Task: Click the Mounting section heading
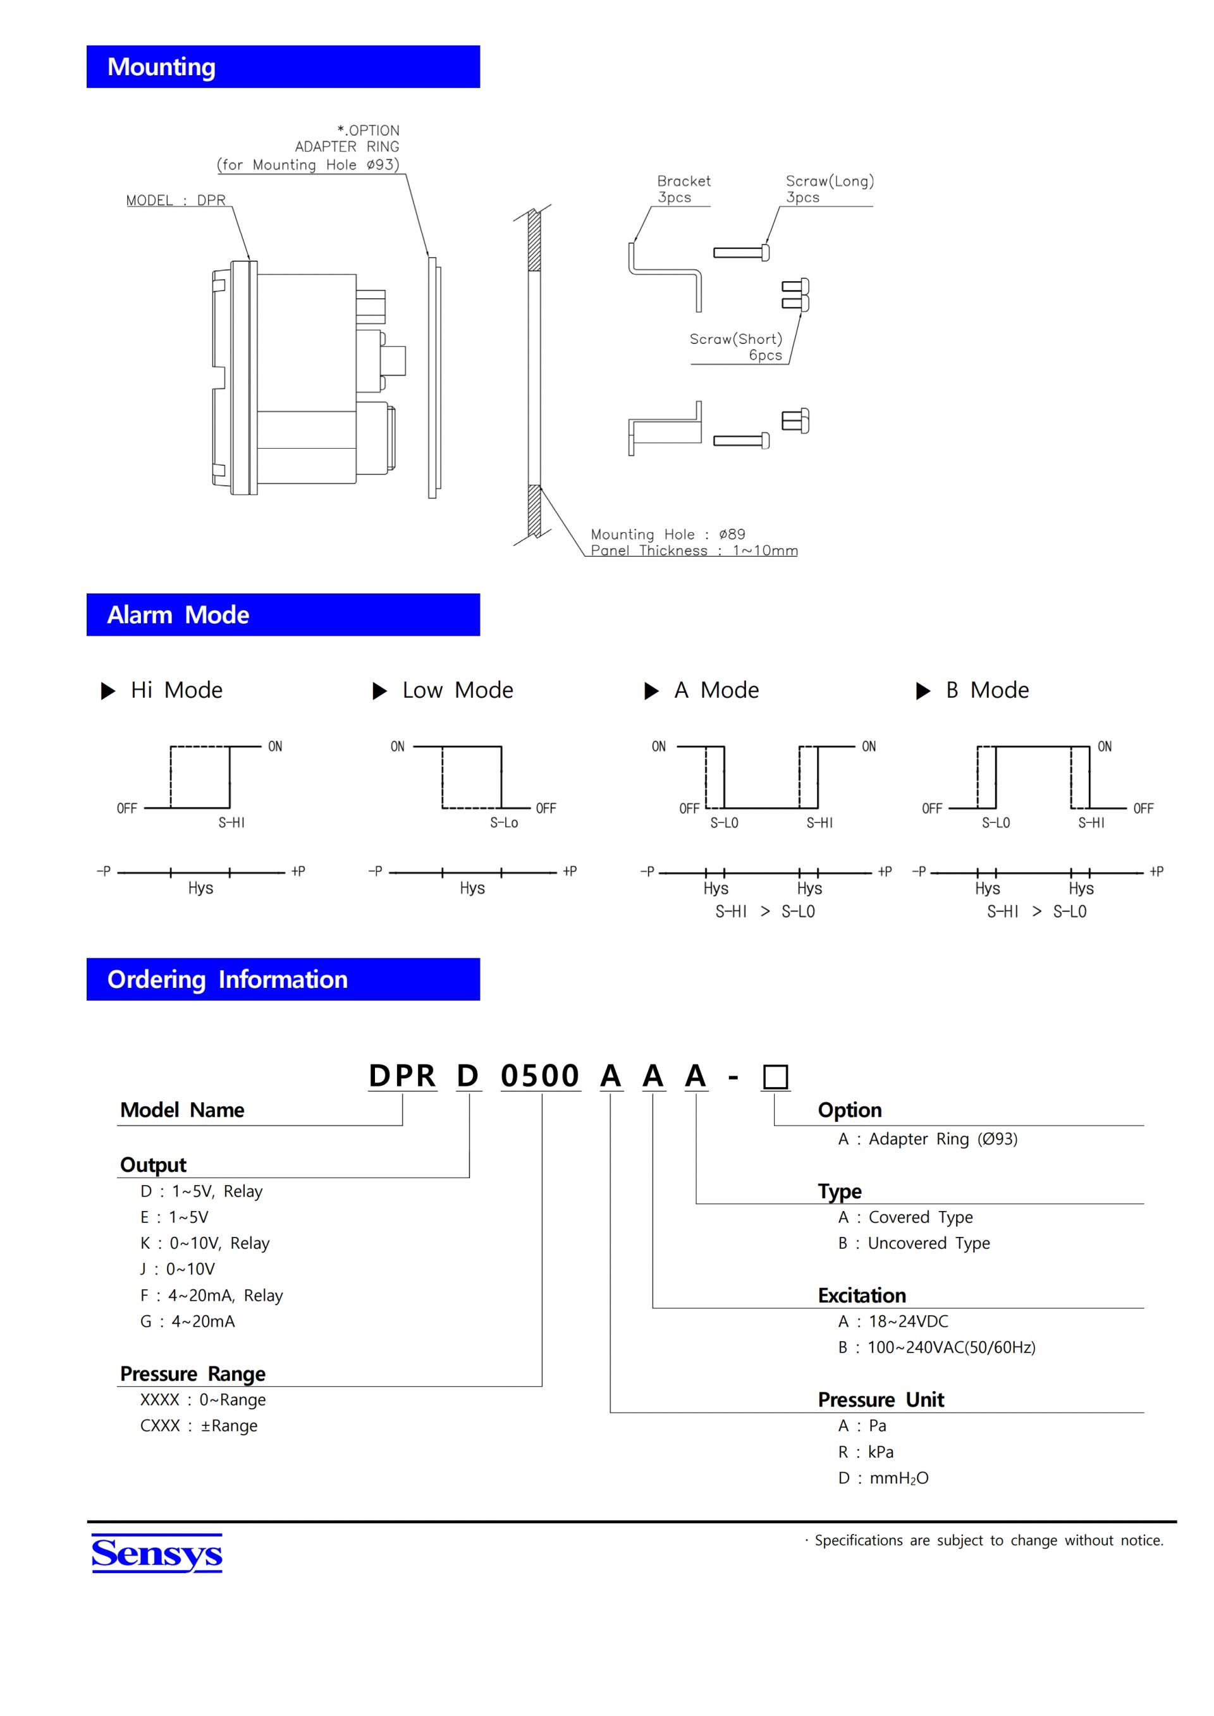(161, 67)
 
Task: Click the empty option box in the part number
(775, 1077)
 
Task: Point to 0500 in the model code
(540, 1076)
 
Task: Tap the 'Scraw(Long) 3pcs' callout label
(829, 189)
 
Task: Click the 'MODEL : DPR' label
(176, 200)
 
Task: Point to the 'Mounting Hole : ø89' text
(668, 534)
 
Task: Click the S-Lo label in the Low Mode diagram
(504, 823)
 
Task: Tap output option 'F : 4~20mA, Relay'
(212, 1295)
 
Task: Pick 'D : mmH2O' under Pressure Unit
(883, 1478)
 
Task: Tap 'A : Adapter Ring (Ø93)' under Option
(928, 1139)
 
